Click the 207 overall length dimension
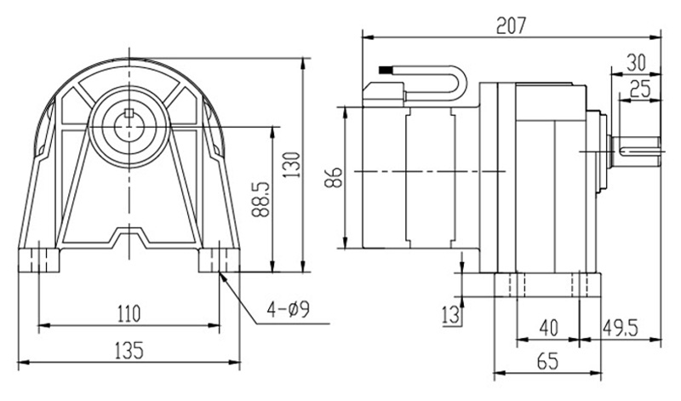click(512, 25)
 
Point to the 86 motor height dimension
click(333, 177)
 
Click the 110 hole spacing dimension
click(128, 313)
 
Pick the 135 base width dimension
click(127, 350)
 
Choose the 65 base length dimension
click(547, 361)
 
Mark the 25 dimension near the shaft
click(640, 88)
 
